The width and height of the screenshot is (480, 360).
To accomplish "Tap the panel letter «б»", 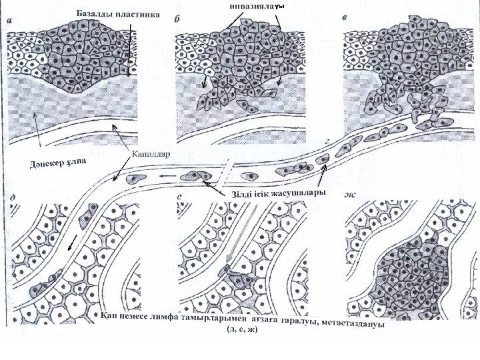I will pyautogui.click(x=178, y=20).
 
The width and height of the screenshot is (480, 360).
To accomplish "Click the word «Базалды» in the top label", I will pyautogui.click(x=92, y=15).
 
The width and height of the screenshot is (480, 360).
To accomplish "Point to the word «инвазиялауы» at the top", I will pyautogui.click(x=256, y=6).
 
